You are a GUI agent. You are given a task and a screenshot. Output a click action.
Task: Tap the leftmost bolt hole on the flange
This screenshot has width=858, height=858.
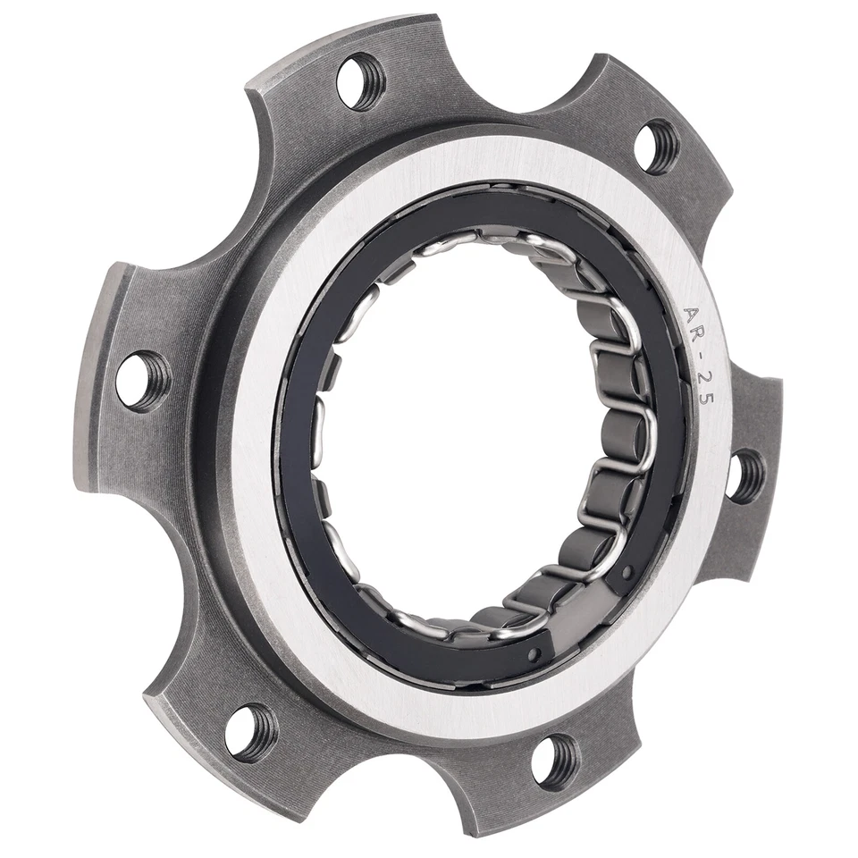coord(143,379)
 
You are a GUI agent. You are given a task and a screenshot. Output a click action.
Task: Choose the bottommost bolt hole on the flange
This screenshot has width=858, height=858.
coord(554,760)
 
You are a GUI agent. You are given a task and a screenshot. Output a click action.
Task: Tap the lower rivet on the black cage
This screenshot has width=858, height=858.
coord(534,655)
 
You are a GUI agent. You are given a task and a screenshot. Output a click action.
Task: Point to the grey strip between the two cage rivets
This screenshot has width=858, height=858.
coord(585,617)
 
